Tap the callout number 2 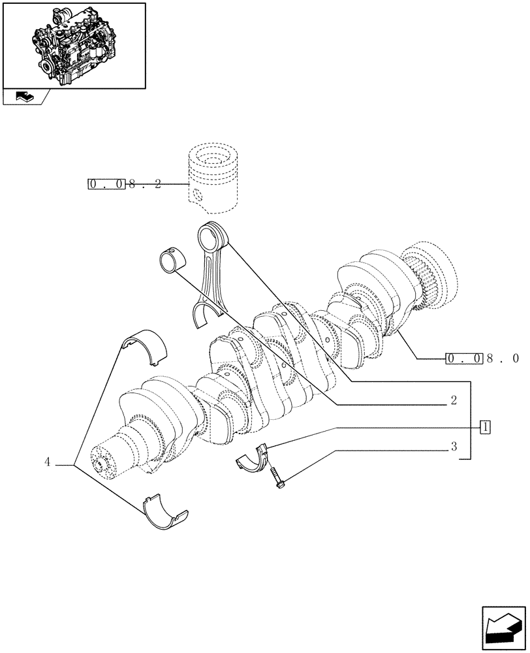pos(452,400)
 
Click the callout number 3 pos(453,447)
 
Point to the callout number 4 pos(48,462)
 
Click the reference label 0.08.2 pos(124,185)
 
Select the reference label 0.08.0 pos(482,358)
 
